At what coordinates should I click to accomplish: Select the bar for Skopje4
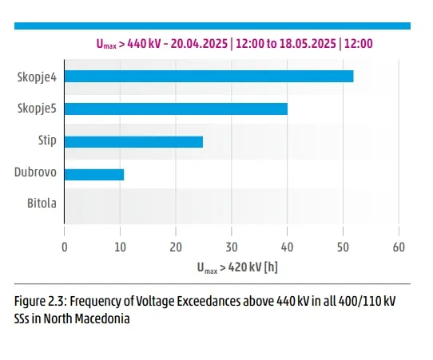[209, 76]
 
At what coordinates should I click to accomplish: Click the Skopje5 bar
[176, 109]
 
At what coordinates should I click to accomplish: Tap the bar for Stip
[133, 142]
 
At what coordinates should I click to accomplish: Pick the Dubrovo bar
[94, 175]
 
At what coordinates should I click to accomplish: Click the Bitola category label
[42, 204]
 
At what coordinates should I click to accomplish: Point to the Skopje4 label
[37, 77]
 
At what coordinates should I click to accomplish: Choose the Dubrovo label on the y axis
[35, 172]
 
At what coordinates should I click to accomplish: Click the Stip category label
[47, 140]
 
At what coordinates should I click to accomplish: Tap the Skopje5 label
[37, 109]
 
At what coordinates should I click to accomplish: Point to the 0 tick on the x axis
[65, 247]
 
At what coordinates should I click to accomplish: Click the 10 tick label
[120, 247]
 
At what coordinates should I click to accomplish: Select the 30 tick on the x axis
[232, 247]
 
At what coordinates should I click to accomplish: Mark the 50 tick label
[343, 247]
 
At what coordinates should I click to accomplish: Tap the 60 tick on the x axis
[399, 247]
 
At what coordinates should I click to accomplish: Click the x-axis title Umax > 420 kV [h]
[237, 267]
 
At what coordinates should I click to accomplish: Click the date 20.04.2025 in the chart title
[199, 44]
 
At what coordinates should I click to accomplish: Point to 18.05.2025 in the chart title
[308, 44]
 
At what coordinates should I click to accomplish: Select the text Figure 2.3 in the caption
[41, 301]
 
